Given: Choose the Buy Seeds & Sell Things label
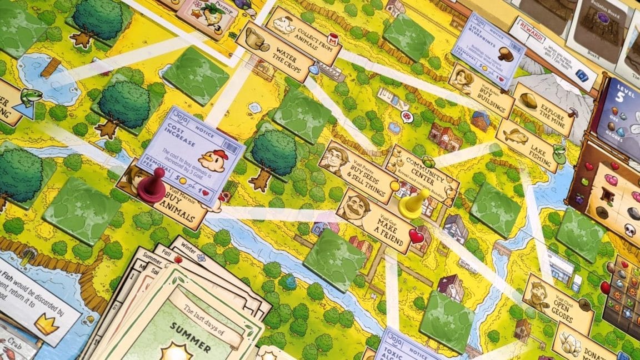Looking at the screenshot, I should tap(356, 167).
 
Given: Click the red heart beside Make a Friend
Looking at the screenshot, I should tap(417, 237).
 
